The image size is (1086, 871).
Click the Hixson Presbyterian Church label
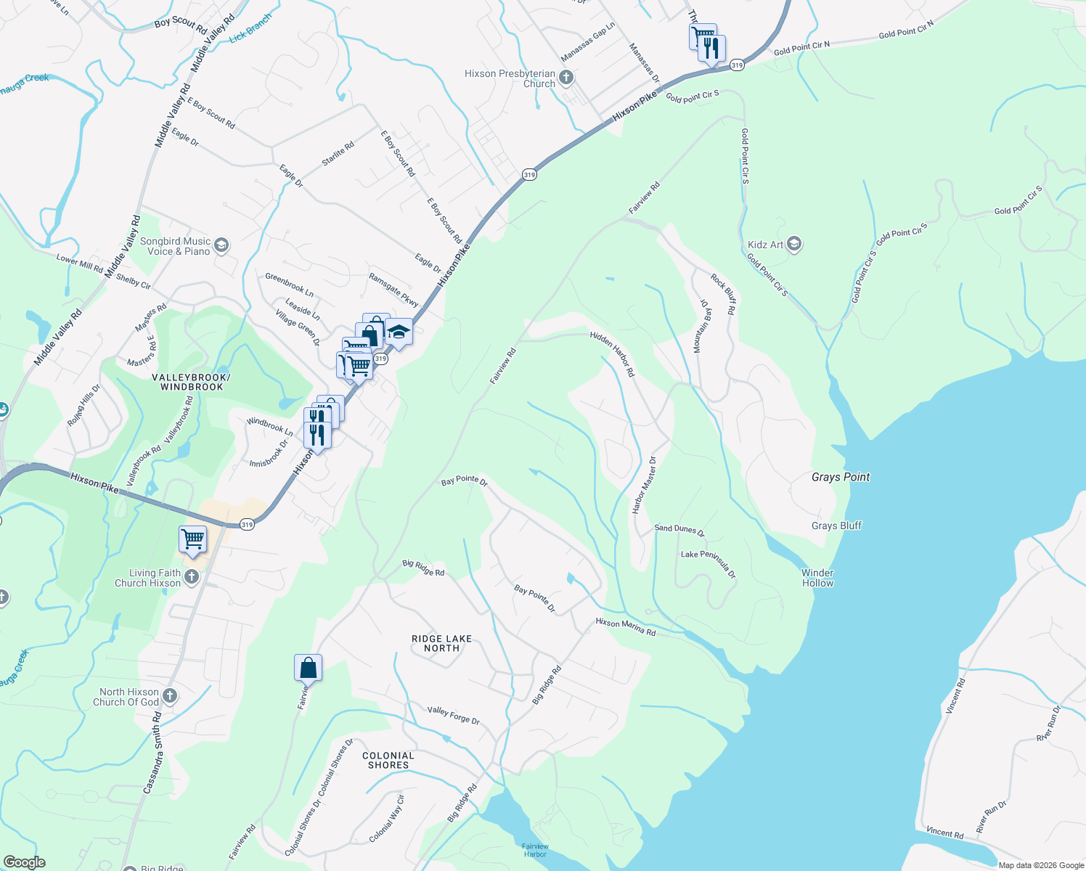click(510, 78)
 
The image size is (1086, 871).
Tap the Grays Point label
click(840, 477)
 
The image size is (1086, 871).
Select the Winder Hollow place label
click(817, 578)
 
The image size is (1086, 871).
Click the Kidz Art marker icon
click(793, 244)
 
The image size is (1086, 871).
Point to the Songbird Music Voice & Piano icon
click(221, 245)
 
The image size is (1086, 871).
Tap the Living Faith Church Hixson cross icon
click(191, 577)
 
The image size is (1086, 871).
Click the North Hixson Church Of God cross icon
click(169, 696)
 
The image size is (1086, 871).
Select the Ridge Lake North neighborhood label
click(441, 643)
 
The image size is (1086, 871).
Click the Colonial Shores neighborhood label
click(388, 760)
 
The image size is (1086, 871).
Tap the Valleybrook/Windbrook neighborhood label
click(191, 382)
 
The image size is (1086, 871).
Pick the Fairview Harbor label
click(535, 850)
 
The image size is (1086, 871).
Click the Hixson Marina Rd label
click(625, 627)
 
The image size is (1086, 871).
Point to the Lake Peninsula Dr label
click(708, 564)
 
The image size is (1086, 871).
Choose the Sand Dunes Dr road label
click(679, 530)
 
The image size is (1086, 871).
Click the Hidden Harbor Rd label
click(612, 353)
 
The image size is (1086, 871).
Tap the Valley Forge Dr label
click(453, 715)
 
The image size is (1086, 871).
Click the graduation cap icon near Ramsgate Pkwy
click(399, 332)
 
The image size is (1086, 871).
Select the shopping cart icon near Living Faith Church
click(192, 539)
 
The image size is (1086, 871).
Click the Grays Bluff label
click(836, 526)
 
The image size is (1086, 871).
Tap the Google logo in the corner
click(24, 862)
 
